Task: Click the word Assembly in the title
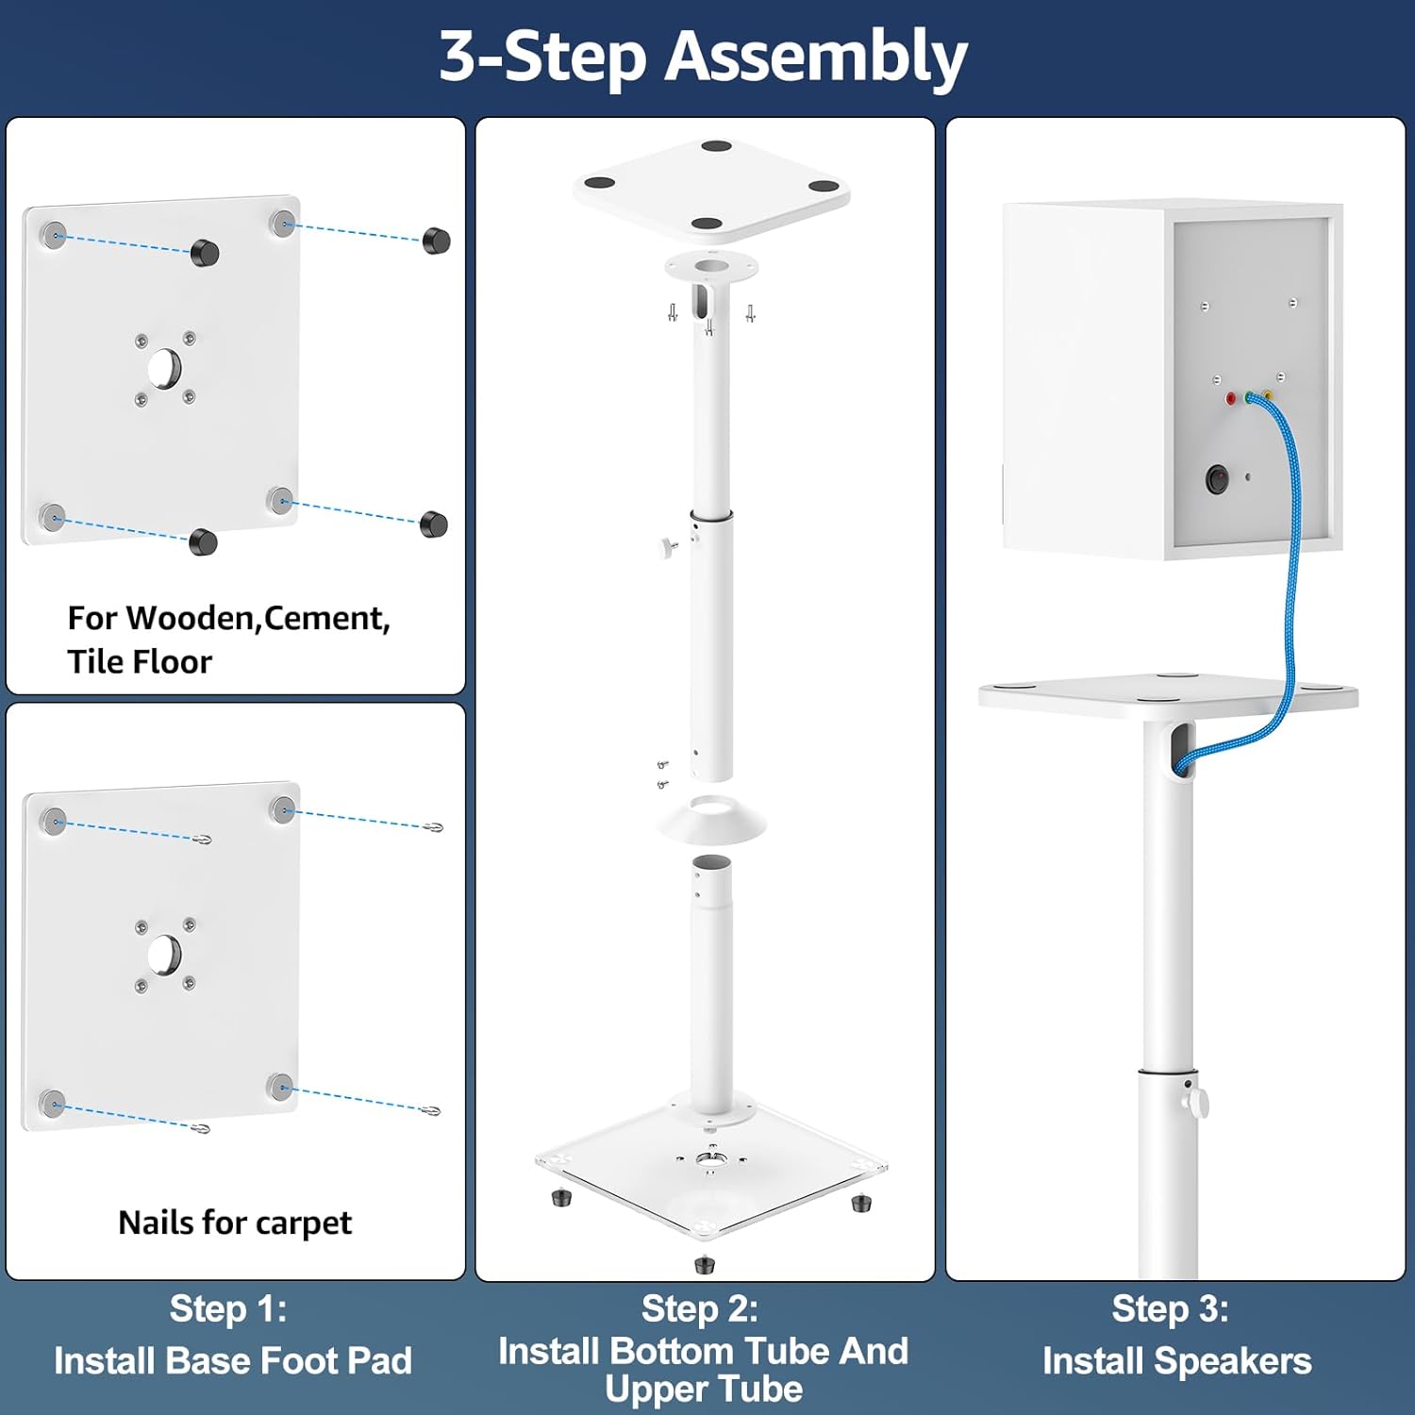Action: (x=817, y=57)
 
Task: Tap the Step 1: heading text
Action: (x=228, y=1309)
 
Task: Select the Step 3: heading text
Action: (x=1170, y=1309)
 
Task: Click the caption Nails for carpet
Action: (x=235, y=1223)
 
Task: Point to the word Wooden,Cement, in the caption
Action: (x=258, y=618)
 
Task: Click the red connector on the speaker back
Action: (x=1231, y=399)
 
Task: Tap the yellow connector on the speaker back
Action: (x=1268, y=396)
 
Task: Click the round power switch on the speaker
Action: (x=1218, y=479)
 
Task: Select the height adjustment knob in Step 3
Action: (x=1197, y=1102)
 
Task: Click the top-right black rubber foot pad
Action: (x=436, y=241)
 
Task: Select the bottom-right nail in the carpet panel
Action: (x=431, y=1110)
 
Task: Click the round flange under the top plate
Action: (x=711, y=267)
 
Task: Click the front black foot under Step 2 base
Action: (x=704, y=1263)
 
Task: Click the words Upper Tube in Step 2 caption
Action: (x=704, y=1390)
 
